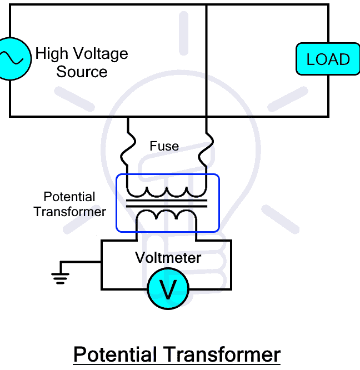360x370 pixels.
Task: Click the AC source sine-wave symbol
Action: tap(11, 59)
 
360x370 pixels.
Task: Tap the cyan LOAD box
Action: tap(328, 59)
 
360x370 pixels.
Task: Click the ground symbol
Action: tap(60, 276)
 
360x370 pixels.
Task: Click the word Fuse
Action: tap(164, 146)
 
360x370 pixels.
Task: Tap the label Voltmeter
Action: tap(168, 258)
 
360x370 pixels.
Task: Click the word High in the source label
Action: tap(51, 54)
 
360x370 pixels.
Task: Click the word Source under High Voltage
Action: tap(82, 72)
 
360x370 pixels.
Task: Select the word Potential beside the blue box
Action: tap(69, 197)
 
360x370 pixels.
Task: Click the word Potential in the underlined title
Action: tap(115, 354)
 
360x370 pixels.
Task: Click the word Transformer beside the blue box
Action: tap(69, 211)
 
